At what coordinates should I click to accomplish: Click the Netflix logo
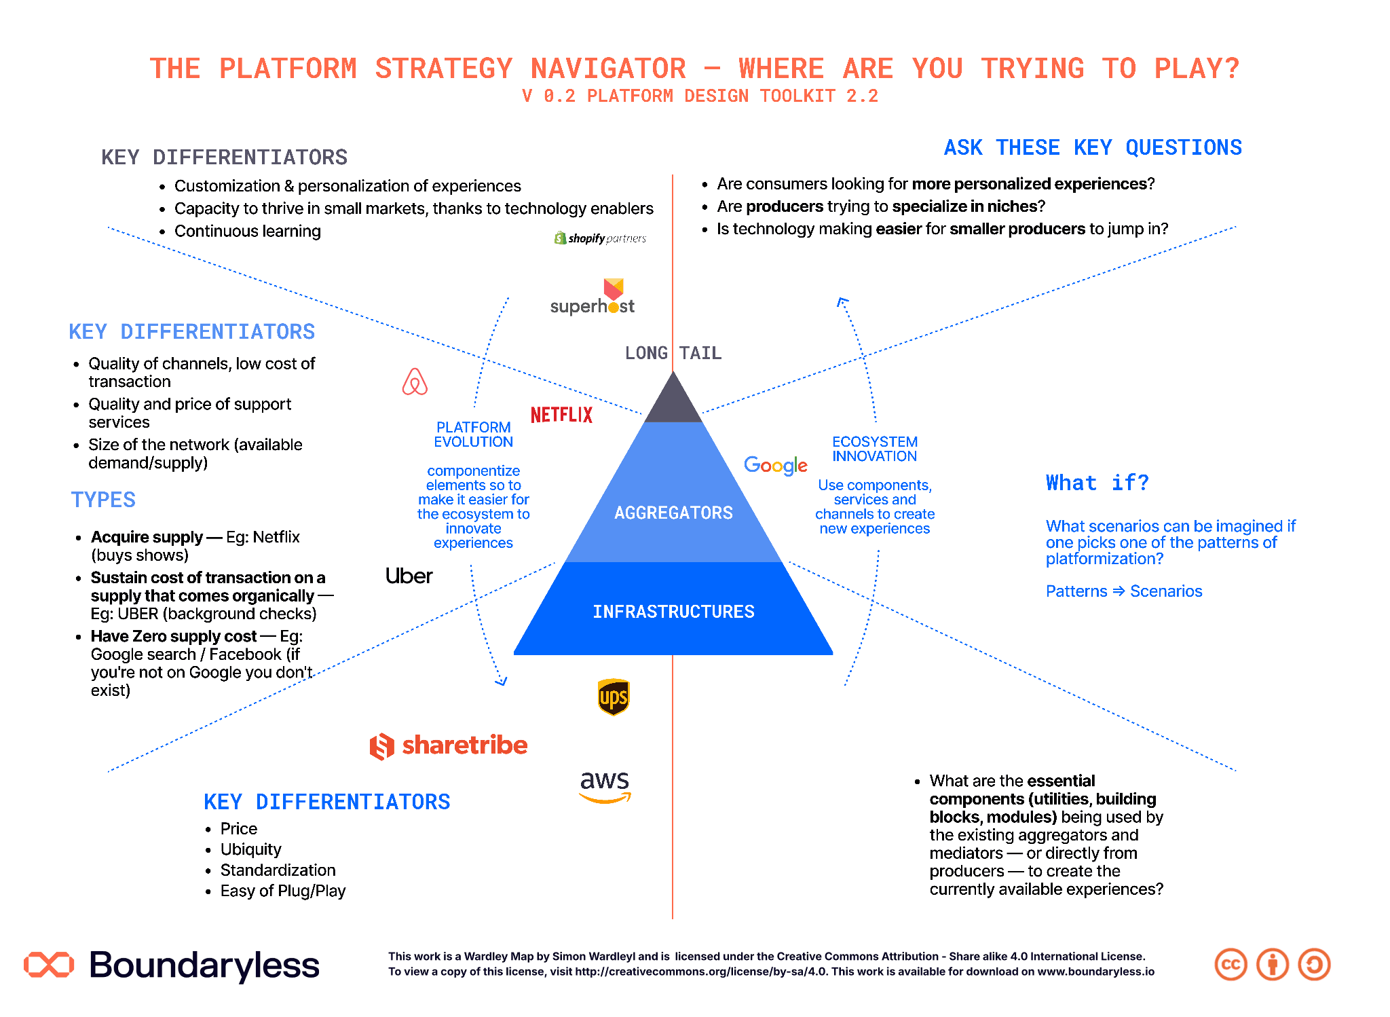click(x=561, y=415)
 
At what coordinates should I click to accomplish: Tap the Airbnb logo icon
click(x=415, y=382)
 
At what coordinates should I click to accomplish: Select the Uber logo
click(x=409, y=576)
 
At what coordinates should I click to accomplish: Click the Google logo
click(x=776, y=466)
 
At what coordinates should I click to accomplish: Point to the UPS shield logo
click(x=614, y=697)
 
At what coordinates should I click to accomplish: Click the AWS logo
click(x=605, y=787)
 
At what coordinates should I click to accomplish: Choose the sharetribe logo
click(x=449, y=745)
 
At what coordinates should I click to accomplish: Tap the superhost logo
click(x=593, y=297)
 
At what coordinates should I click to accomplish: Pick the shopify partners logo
click(x=600, y=238)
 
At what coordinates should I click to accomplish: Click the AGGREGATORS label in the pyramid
click(x=673, y=513)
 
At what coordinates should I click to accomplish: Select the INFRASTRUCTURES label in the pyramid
click(x=673, y=612)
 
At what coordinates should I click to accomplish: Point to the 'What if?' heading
click(x=1097, y=483)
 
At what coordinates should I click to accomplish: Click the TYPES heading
click(x=103, y=500)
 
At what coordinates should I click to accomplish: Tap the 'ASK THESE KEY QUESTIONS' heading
click(x=1093, y=147)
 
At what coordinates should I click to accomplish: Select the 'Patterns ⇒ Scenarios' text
click(x=1124, y=591)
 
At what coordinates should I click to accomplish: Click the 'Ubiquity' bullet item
click(x=250, y=849)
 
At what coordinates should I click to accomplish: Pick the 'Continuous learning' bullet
click(x=247, y=231)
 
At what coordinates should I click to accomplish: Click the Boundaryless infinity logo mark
click(x=49, y=965)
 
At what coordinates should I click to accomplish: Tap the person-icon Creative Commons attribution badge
click(x=1273, y=965)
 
